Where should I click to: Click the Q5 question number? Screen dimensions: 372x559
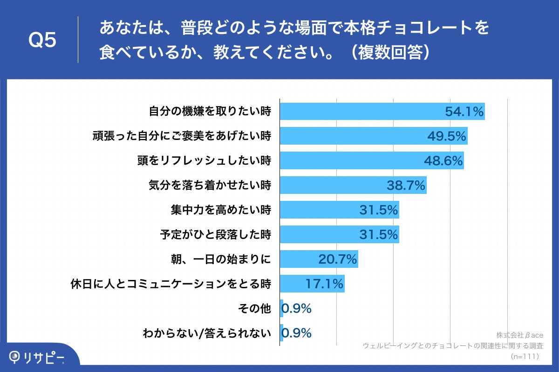[x=42, y=40]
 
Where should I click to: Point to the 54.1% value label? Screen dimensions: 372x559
[x=464, y=112]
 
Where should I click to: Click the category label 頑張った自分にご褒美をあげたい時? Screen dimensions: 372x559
[x=181, y=136]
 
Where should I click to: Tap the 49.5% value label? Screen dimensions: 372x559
[x=447, y=136]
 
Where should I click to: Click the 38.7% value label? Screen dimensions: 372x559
[x=406, y=186]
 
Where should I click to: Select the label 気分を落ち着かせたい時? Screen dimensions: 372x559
[x=210, y=186]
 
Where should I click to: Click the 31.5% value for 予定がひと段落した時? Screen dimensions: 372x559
[x=379, y=235]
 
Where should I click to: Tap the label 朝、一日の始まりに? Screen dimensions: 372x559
[x=221, y=259]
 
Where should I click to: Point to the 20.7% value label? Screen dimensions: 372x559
[x=338, y=259]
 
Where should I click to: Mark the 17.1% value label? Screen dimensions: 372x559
[x=324, y=284]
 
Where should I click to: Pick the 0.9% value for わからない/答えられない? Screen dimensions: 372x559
[x=297, y=333]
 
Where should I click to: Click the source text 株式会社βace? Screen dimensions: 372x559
[x=518, y=335]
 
